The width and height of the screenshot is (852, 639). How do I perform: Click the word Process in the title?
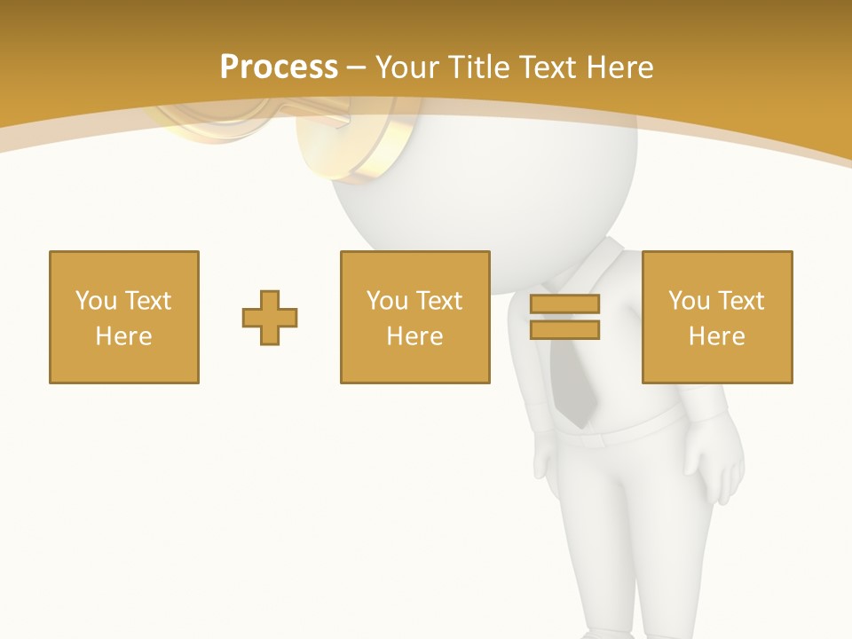click(x=279, y=67)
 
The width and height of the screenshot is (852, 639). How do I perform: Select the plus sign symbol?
click(x=270, y=317)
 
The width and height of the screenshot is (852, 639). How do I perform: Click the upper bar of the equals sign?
click(x=564, y=304)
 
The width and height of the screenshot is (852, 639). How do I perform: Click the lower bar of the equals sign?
click(x=564, y=329)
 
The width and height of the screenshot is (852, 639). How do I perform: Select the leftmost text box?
click(x=124, y=317)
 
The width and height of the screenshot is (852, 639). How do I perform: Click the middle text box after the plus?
click(x=415, y=317)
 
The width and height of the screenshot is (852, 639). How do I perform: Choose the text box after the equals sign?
click(x=717, y=317)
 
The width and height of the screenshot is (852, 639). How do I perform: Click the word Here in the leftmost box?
click(x=124, y=336)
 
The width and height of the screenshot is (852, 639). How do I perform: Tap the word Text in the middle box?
click(x=438, y=301)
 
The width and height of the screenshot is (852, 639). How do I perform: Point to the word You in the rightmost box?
click(x=689, y=301)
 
